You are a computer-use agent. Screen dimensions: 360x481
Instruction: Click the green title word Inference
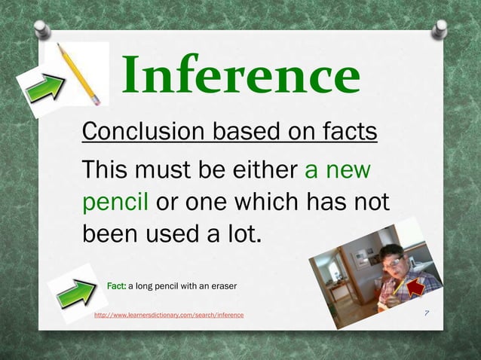pyautogui.click(x=240, y=76)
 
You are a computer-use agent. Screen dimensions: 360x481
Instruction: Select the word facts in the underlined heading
pyautogui.click(x=343, y=132)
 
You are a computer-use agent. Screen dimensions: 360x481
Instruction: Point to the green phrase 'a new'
pyautogui.click(x=337, y=169)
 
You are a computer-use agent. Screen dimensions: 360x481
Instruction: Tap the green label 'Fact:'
pyautogui.click(x=116, y=286)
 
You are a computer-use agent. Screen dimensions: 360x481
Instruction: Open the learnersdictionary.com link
pyautogui.click(x=168, y=314)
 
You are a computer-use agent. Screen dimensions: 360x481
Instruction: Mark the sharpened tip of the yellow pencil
pyautogui.click(x=60, y=47)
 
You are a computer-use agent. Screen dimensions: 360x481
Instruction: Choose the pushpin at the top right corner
pyautogui.click(x=439, y=29)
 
